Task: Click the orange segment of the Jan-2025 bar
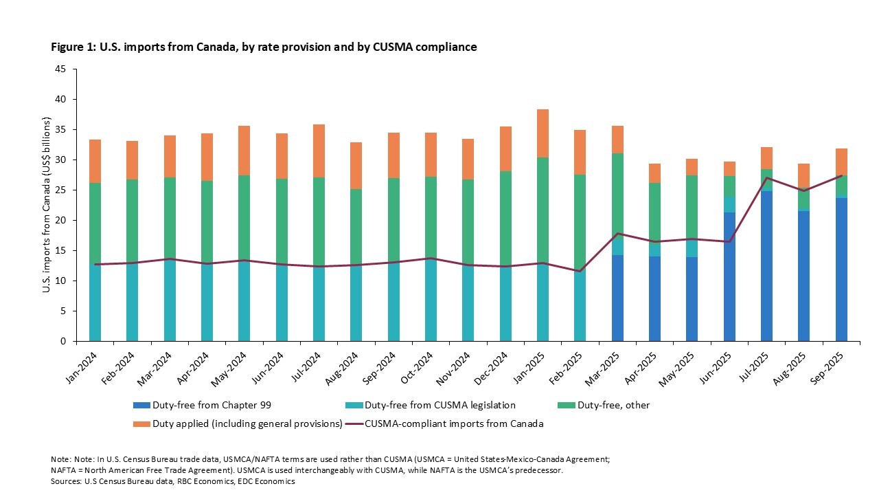point(543,133)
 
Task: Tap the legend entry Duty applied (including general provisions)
point(237,423)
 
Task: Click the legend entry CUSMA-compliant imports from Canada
point(453,423)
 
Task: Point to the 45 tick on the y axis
point(61,69)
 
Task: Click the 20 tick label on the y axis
point(61,221)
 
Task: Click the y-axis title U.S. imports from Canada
point(46,205)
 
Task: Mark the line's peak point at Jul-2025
point(766,178)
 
